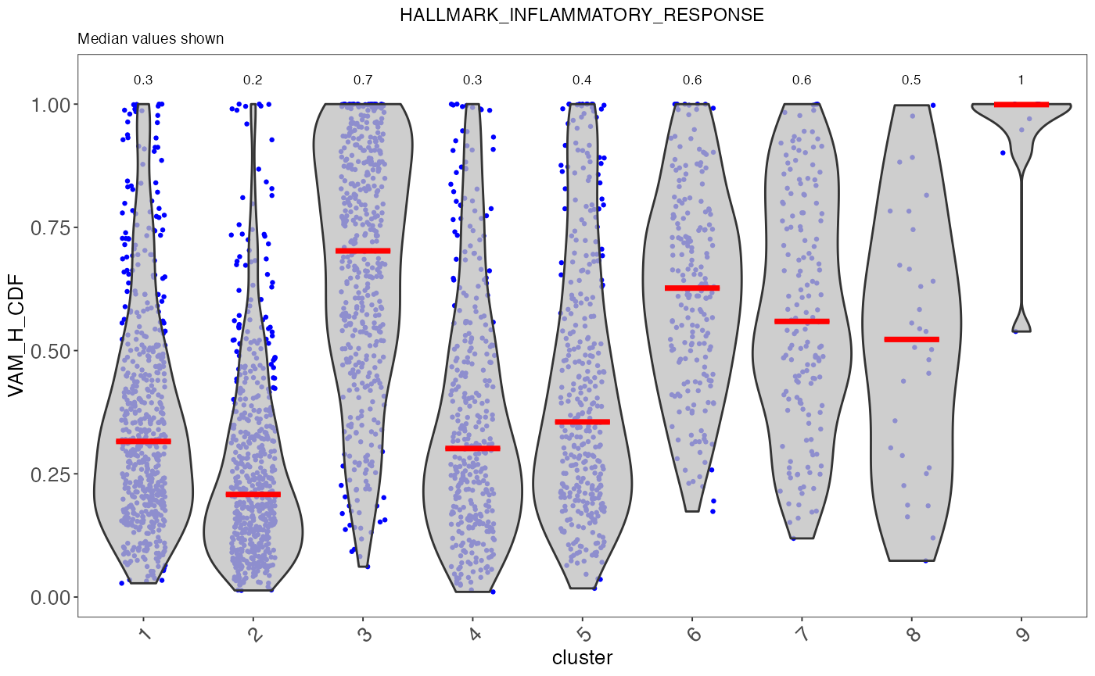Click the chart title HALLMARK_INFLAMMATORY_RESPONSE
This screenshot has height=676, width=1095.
(581, 16)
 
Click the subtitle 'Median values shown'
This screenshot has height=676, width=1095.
(151, 39)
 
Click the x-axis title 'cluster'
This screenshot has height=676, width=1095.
(582, 657)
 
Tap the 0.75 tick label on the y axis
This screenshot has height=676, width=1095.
(50, 227)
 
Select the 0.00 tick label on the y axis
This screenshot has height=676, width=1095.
(50, 597)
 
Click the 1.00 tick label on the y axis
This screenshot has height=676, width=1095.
(50, 104)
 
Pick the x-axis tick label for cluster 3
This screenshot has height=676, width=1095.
(364, 634)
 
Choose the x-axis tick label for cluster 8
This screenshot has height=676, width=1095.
(912, 634)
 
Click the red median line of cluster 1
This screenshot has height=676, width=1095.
(143, 442)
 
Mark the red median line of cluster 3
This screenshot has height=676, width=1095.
(363, 251)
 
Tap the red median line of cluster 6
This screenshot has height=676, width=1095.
(692, 288)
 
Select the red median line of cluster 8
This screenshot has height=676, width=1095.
(912, 339)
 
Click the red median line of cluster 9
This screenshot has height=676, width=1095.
(1021, 104)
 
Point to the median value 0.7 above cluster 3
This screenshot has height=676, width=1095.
(363, 80)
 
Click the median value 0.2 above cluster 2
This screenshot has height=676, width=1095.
(253, 80)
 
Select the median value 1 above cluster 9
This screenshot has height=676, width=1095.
(1021, 80)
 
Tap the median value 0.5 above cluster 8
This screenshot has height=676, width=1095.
(912, 80)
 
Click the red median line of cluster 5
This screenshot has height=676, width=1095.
(582, 422)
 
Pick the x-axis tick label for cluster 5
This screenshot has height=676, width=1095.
(583, 634)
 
